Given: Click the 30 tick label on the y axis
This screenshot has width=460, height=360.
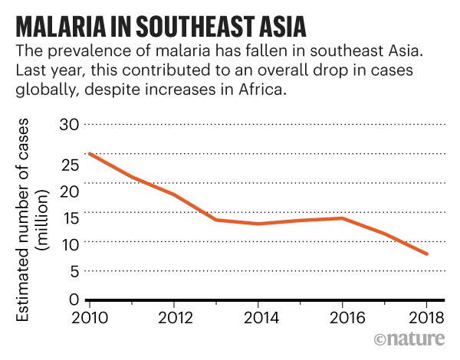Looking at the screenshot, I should [x=70, y=124].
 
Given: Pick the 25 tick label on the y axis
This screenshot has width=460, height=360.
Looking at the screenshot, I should [x=70, y=164].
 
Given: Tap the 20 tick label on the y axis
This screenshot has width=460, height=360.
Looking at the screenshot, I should [x=70, y=192].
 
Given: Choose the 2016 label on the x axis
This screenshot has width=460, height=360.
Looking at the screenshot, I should [x=342, y=318].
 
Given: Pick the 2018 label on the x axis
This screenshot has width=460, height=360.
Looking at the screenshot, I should [x=426, y=318].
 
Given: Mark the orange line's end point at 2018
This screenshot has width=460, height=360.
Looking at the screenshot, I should [x=427, y=254].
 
